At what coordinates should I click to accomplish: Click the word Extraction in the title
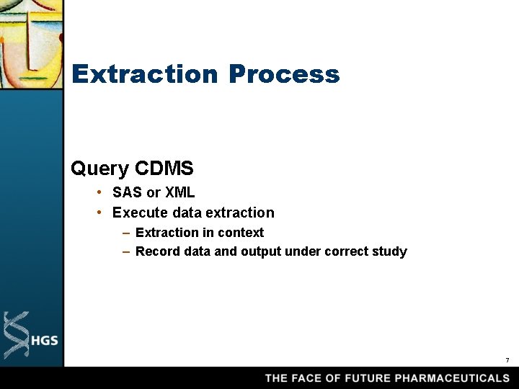(144, 74)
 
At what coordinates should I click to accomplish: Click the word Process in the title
(284, 74)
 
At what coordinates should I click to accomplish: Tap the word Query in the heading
(100, 169)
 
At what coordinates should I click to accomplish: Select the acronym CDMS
(164, 169)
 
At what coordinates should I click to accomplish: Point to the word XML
(179, 193)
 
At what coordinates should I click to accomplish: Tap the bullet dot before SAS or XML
(101, 193)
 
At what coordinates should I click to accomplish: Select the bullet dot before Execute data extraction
(101, 213)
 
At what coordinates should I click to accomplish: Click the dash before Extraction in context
(126, 233)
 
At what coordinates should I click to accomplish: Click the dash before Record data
(126, 251)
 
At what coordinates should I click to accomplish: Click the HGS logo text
(45, 340)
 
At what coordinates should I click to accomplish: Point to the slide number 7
(507, 359)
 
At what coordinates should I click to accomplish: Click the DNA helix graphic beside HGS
(16, 335)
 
